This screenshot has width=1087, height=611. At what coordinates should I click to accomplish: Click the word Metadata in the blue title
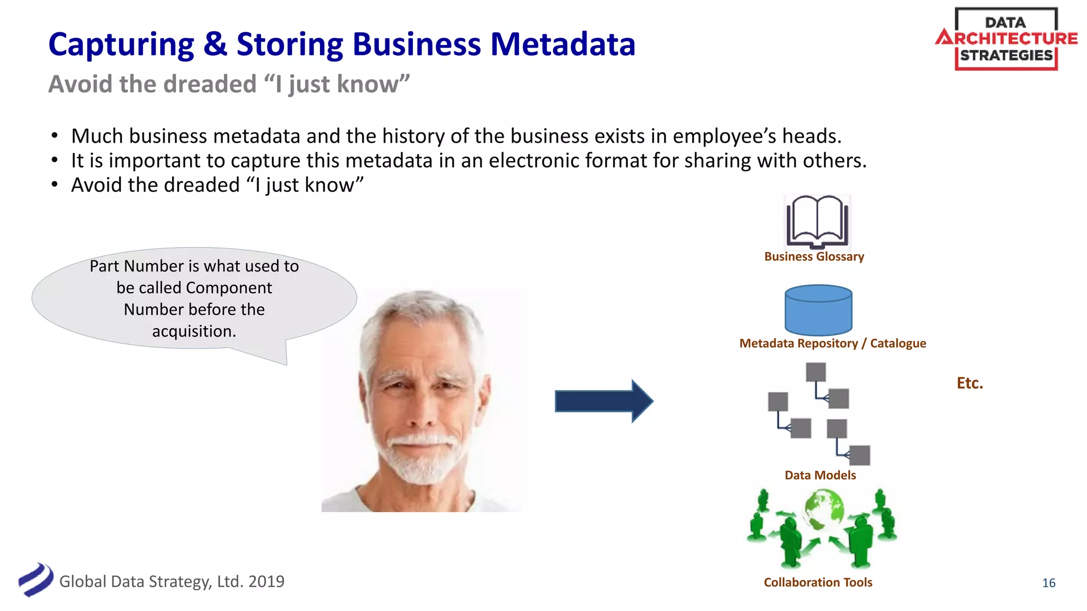(563, 44)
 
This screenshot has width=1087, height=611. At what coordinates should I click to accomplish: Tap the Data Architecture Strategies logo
(1006, 39)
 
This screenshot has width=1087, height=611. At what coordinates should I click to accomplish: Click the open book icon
(817, 222)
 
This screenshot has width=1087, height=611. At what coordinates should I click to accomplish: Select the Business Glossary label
(814, 257)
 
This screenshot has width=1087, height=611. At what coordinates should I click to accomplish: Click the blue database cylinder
(818, 310)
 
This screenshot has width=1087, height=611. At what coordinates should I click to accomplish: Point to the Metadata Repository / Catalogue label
(832, 344)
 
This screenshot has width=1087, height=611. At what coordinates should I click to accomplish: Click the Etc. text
(970, 383)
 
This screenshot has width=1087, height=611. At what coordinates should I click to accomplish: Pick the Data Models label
(820, 475)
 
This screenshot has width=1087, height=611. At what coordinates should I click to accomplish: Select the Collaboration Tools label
(818, 582)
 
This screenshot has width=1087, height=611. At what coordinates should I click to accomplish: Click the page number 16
(1048, 583)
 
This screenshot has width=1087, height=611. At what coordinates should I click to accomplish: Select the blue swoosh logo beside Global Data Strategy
(36, 580)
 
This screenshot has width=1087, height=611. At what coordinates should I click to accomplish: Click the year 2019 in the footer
(266, 582)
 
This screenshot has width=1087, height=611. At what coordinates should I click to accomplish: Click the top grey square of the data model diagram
(815, 372)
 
